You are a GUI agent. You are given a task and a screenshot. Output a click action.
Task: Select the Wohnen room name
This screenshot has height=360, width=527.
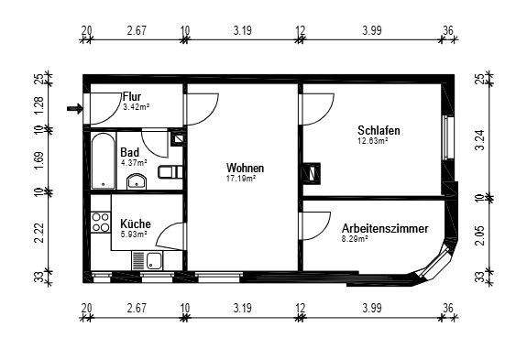pos(245,169)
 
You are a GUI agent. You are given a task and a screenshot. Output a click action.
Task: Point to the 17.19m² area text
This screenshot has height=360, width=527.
pos(242,179)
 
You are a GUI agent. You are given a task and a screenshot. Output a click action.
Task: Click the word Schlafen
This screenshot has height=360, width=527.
pos(379,131)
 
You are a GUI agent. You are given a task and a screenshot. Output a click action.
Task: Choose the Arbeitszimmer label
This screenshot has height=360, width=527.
pos(383,228)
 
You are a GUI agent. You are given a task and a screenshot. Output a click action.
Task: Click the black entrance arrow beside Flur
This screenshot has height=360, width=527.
pos(75,110)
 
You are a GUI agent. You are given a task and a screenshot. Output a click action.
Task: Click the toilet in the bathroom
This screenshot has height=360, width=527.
pos(168,172)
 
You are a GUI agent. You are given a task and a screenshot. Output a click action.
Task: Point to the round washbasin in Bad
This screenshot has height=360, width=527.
pos(137,180)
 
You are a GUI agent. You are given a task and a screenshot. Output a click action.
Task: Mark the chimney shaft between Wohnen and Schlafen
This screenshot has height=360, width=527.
pos(313,171)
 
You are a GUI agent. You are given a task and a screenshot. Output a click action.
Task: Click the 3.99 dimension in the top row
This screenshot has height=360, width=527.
pos(371,31)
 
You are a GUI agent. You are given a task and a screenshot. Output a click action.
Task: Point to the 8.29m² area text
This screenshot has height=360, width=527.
pos(355,238)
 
